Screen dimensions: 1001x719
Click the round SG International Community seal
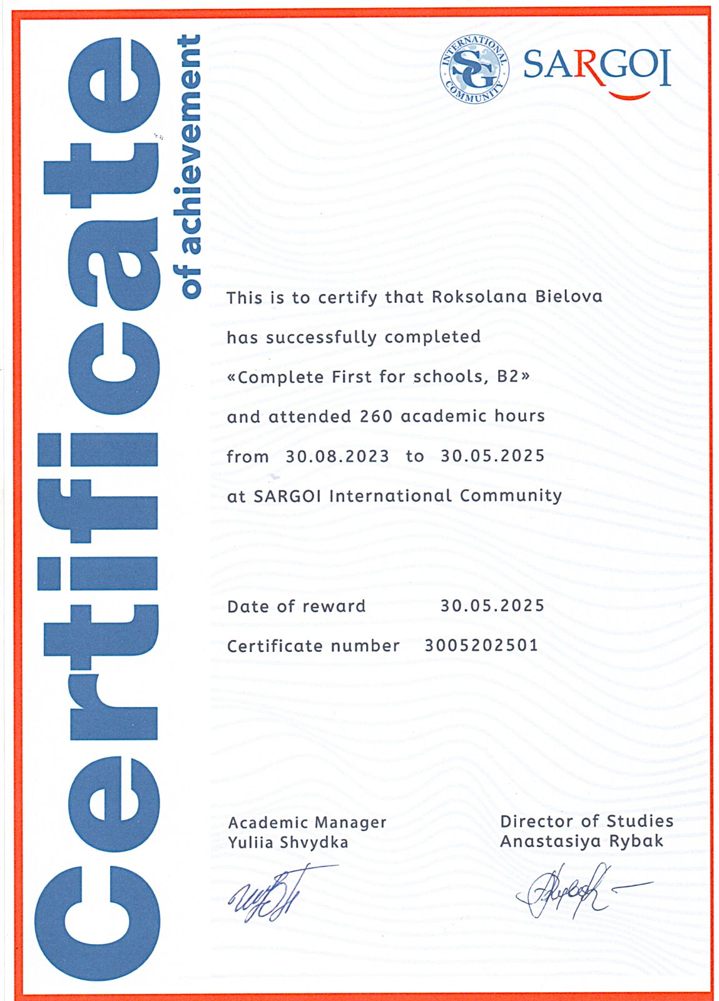[474, 68]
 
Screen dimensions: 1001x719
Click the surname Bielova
[568, 297]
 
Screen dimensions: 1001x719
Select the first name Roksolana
[479, 297]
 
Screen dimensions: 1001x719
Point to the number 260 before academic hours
[375, 416]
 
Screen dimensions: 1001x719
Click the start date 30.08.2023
[337, 456]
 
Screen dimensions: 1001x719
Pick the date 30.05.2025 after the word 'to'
[492, 455]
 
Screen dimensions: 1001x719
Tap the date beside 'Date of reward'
[492, 606]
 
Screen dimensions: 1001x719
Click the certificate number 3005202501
[481, 645]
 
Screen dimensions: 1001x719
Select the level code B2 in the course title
[508, 377]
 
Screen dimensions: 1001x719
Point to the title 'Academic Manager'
[307, 822]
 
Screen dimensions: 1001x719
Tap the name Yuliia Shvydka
[288, 842]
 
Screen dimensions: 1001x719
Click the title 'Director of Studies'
[586, 821]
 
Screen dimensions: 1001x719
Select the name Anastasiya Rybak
[581, 841]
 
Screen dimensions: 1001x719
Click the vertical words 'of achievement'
[189, 166]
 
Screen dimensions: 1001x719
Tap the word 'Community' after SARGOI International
[511, 495]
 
